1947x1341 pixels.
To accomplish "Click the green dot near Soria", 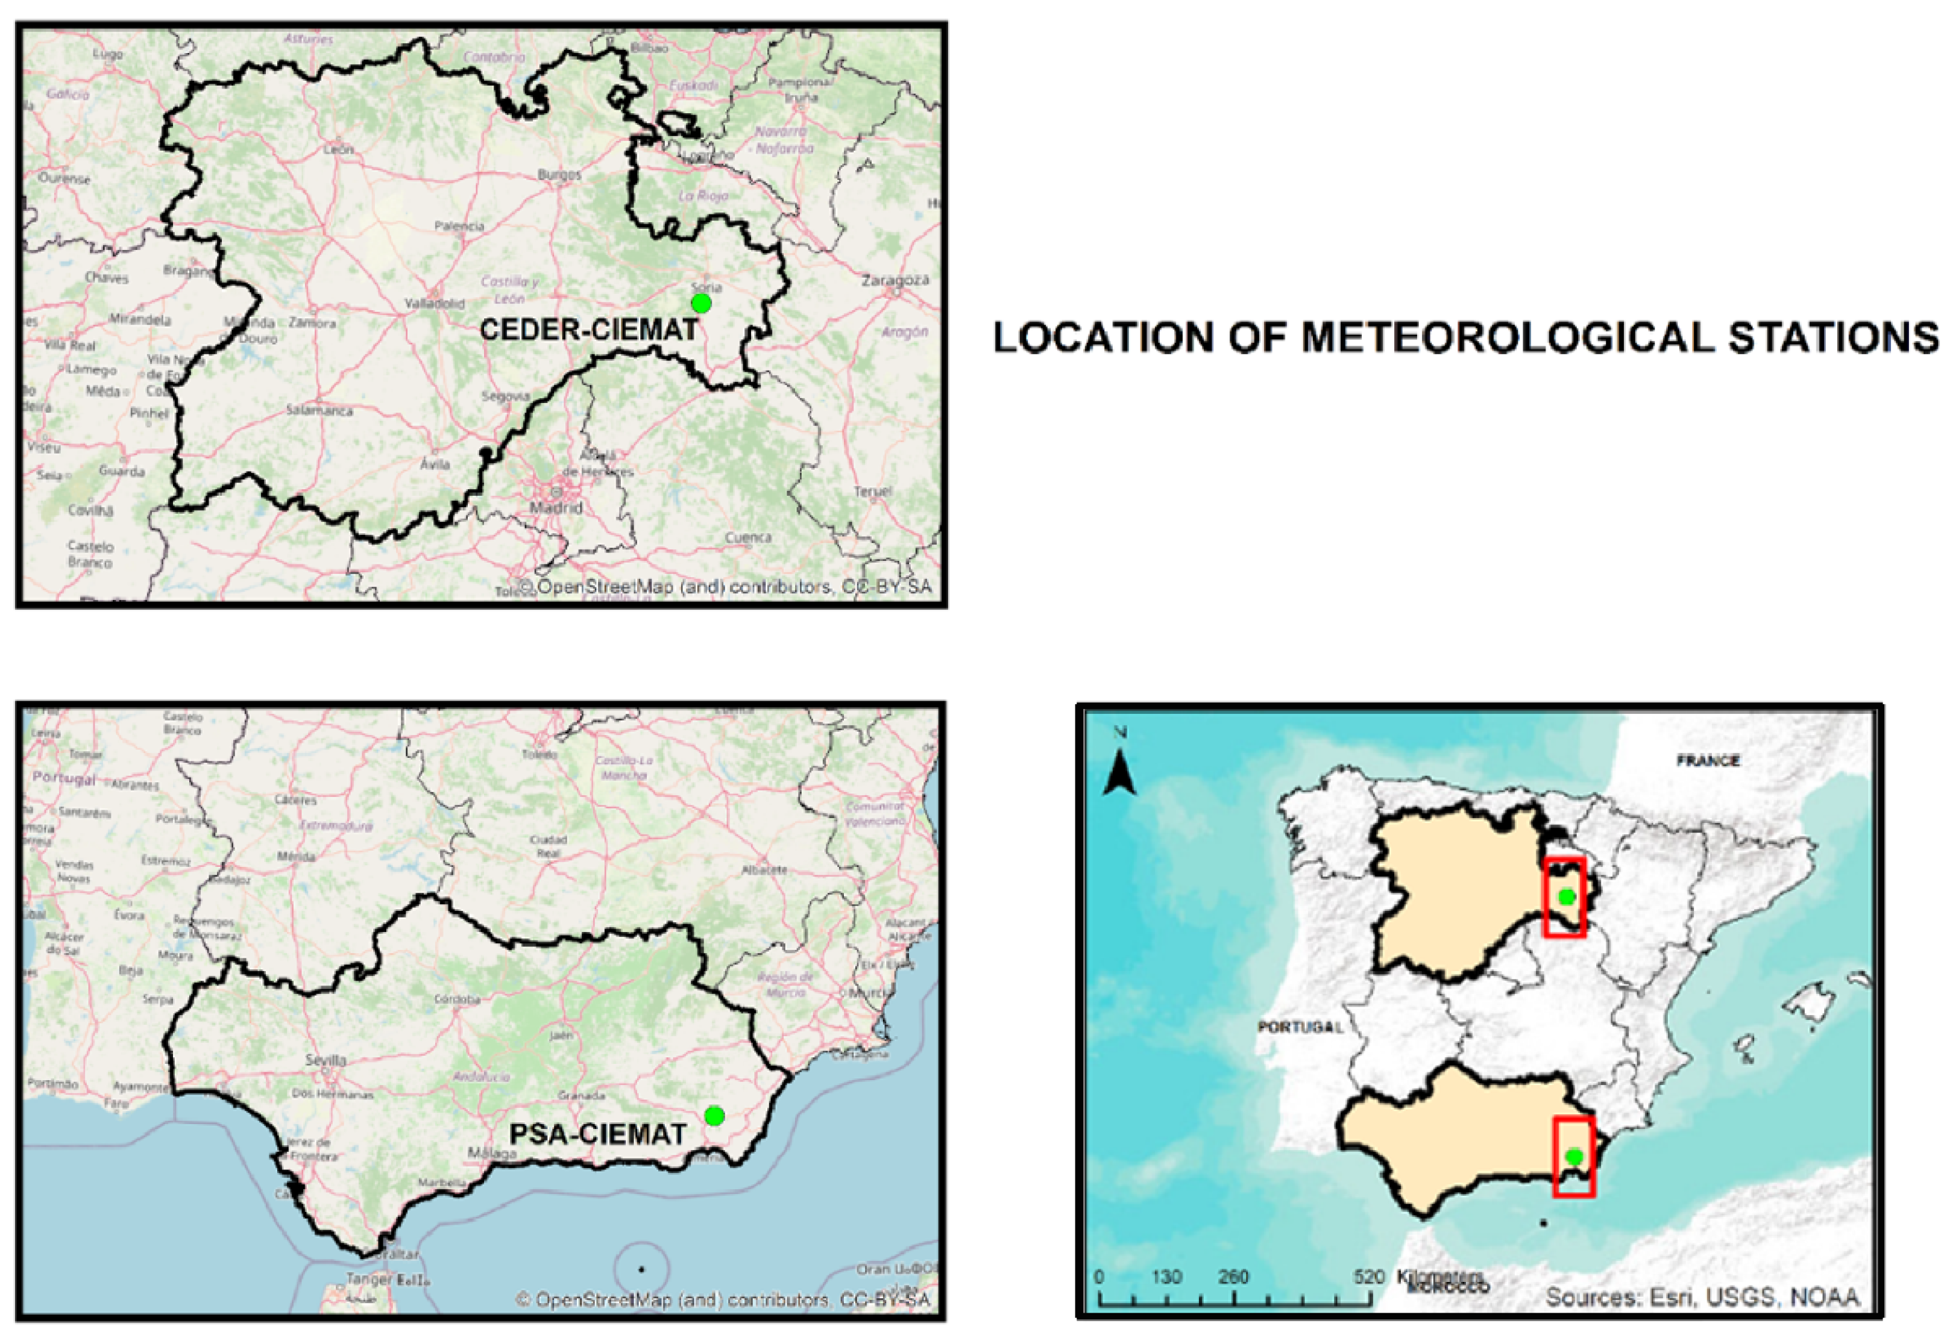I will (x=700, y=302).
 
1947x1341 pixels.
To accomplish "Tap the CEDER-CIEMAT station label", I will (x=588, y=330).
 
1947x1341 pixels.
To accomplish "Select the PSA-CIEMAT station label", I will (x=598, y=1134).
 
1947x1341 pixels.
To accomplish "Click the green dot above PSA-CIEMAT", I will (x=714, y=1116).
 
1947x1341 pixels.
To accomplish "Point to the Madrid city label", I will (x=556, y=507).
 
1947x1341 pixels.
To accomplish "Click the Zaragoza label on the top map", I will (x=895, y=280).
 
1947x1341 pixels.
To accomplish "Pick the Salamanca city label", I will (x=319, y=410).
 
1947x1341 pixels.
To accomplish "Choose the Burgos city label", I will (x=559, y=175).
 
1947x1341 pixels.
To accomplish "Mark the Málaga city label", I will (x=492, y=1154).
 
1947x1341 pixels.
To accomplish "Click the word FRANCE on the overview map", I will (x=1708, y=760).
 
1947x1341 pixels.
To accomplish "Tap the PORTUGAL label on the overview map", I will (x=1300, y=1026).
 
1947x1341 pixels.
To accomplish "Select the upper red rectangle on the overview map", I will (x=1564, y=896).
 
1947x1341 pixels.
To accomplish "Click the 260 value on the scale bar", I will (x=1233, y=1277).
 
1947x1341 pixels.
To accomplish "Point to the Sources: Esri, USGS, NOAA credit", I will (x=1702, y=1297).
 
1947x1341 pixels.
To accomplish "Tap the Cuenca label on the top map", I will (x=747, y=537).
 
